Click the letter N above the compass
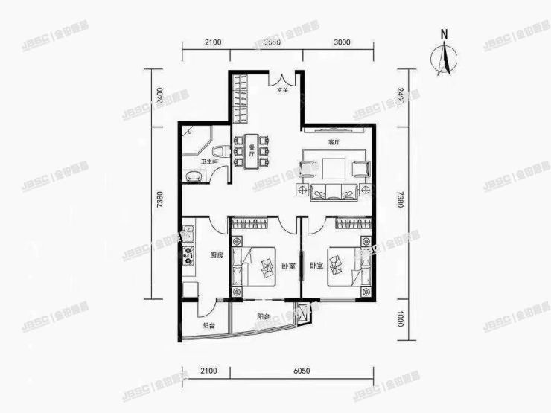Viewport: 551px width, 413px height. pos(444,33)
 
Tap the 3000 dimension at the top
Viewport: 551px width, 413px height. pos(343,42)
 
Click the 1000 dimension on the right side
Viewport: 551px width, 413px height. pos(399,320)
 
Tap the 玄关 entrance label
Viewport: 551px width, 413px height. pos(283,92)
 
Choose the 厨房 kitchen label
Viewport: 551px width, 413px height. pos(217,256)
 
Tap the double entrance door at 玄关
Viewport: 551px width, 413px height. pos(284,78)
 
